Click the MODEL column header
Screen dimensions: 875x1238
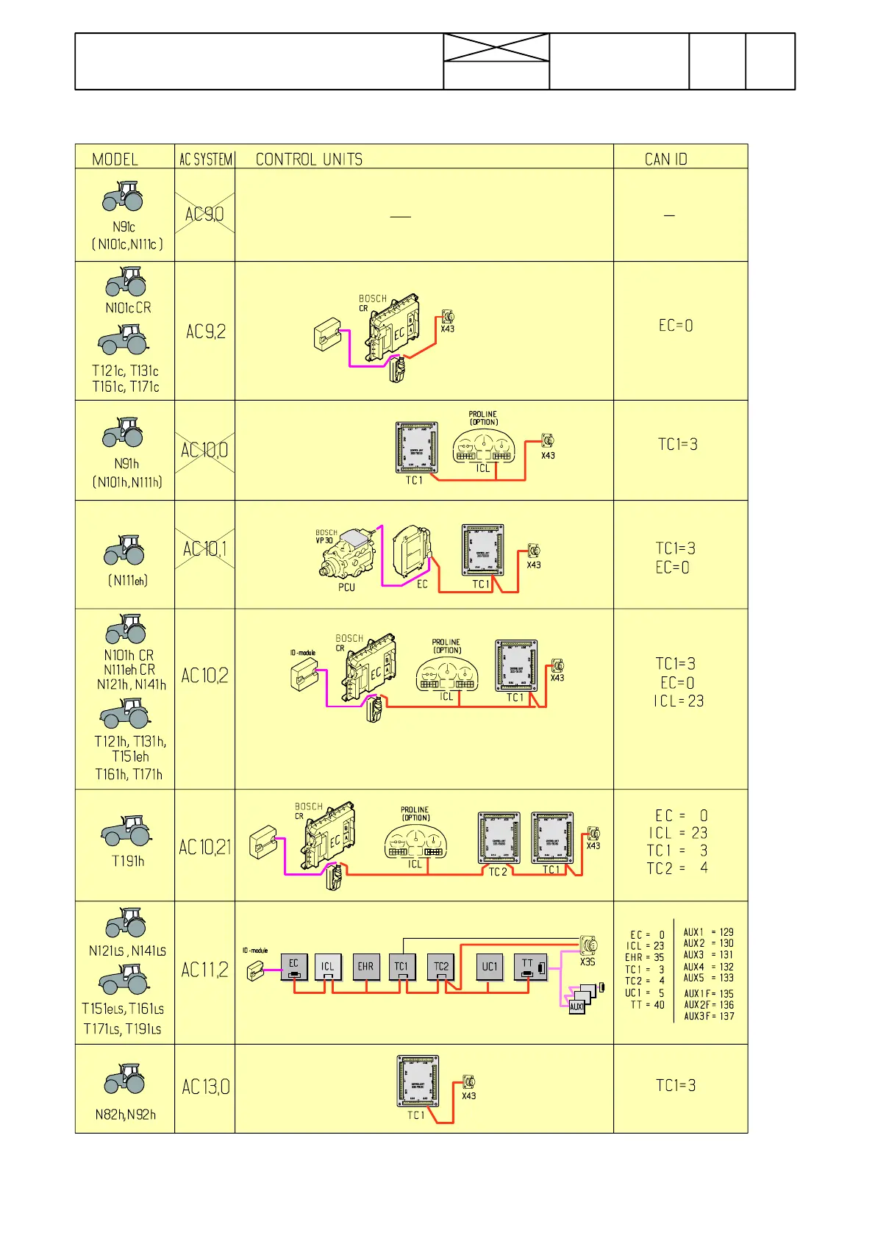coord(115,159)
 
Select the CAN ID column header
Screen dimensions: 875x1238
coord(665,159)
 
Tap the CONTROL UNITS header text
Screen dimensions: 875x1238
coord(309,159)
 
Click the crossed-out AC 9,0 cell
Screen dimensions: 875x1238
coord(204,214)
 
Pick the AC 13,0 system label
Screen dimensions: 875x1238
coord(205,1087)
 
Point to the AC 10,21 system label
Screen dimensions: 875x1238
coord(204,847)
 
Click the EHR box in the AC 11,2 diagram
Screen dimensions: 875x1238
coord(365,967)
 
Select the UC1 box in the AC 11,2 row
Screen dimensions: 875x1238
coord(489,967)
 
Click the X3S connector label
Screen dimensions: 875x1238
coord(587,962)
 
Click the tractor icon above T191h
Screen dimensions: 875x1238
coord(126,831)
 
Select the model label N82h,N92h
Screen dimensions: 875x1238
coord(126,1114)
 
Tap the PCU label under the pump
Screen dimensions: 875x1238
coord(346,587)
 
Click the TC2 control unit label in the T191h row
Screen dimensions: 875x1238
coord(498,872)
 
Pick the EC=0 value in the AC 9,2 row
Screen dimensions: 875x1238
coord(676,326)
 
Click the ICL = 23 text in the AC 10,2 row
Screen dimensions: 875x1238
coord(679,701)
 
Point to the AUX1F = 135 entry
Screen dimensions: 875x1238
coord(709,993)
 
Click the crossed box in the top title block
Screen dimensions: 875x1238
coord(496,48)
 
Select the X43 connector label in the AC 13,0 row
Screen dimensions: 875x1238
coord(468,1096)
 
